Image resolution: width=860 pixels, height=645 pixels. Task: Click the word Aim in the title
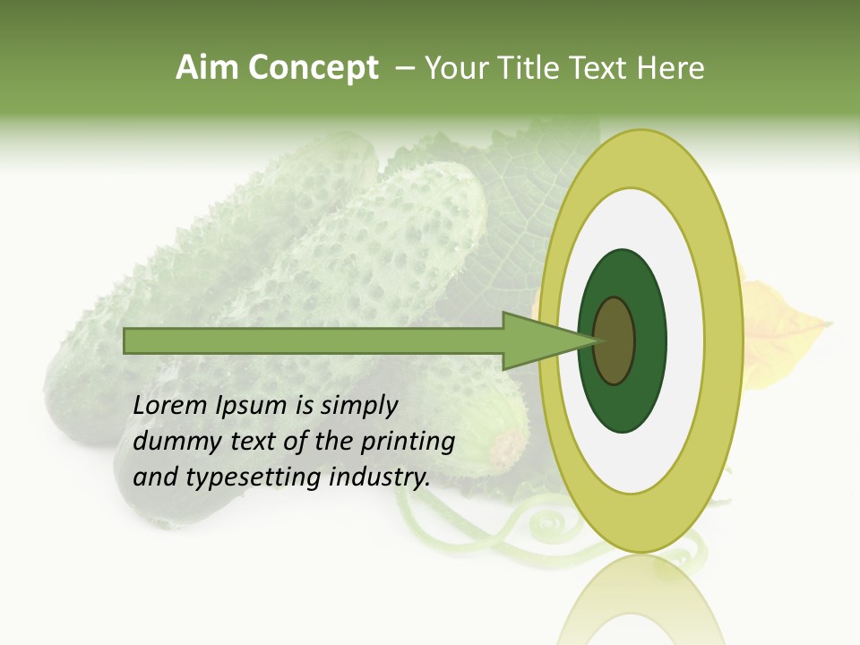[208, 68]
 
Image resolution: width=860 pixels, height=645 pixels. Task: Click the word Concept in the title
[313, 68]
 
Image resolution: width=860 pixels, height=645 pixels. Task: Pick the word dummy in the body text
[174, 442]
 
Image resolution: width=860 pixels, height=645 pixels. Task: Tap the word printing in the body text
[407, 442]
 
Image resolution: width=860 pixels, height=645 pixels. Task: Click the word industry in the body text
[380, 477]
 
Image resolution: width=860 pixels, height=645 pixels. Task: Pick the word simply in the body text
[358, 406]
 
